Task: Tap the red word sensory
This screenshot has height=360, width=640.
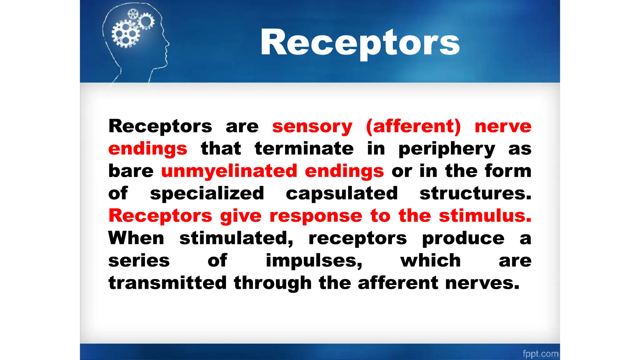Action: [x=312, y=126]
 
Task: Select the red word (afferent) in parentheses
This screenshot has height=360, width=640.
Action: [x=413, y=126]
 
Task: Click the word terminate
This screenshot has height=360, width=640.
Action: [x=304, y=148]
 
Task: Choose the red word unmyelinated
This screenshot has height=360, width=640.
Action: [x=229, y=171]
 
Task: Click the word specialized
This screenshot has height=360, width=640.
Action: [x=207, y=194]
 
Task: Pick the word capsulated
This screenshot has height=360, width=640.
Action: [x=342, y=194]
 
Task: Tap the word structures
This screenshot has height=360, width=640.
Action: [x=475, y=193]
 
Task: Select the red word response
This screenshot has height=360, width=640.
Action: [x=316, y=216]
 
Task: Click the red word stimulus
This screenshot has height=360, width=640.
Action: [x=485, y=216]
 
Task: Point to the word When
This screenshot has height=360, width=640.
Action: [x=136, y=238]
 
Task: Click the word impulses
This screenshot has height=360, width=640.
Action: [x=314, y=261]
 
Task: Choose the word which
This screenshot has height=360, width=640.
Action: [x=430, y=260]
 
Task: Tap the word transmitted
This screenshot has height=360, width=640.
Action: [x=167, y=283]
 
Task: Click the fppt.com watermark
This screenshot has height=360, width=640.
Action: [x=540, y=353]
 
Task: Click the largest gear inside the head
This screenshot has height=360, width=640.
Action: [x=126, y=34]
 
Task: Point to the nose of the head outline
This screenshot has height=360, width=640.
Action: [x=168, y=44]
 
